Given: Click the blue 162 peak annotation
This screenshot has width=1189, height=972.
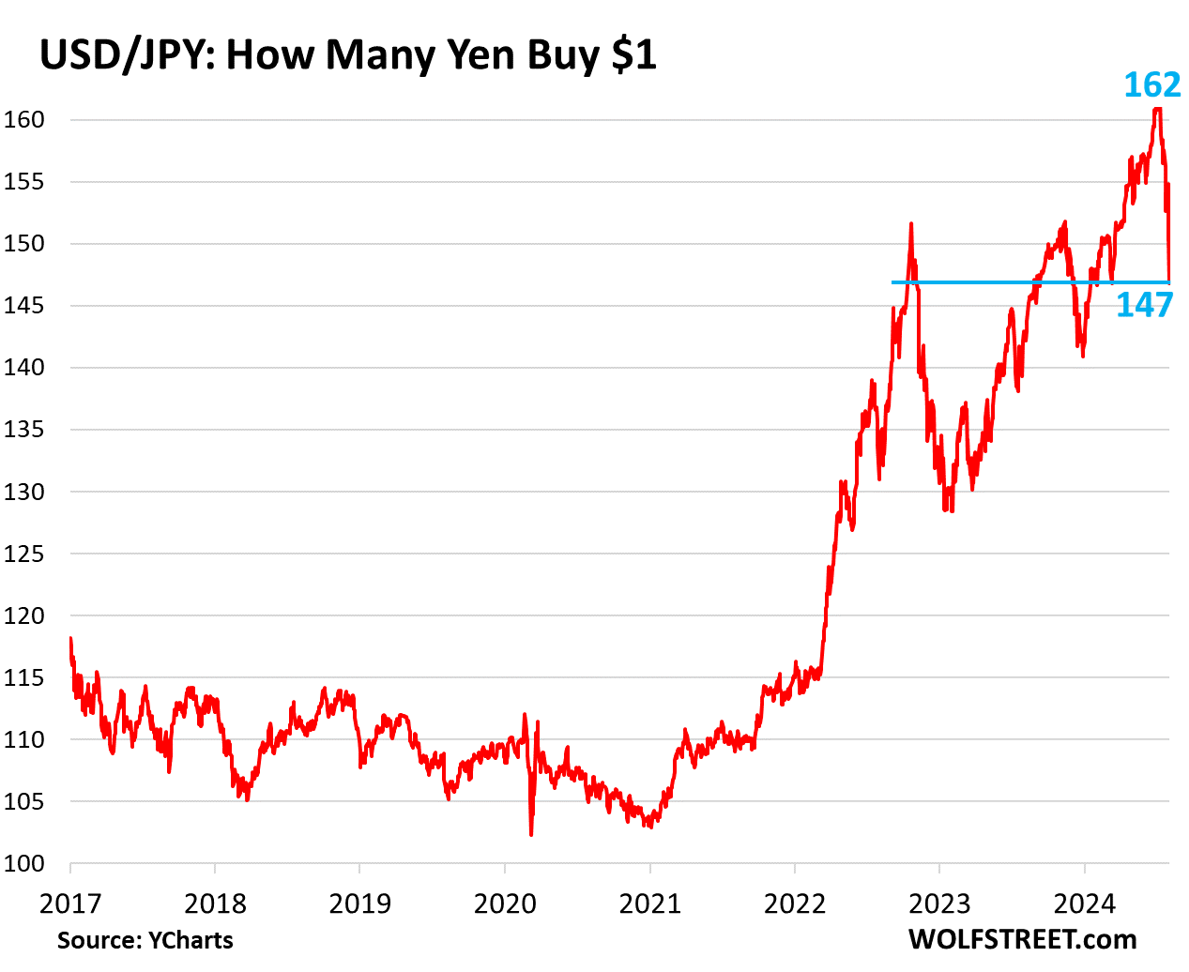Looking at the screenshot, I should pos(1152,85).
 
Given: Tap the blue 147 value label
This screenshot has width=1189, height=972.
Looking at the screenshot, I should pos(1144,305).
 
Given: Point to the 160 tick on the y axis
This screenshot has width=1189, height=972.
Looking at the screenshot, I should pos(23,120).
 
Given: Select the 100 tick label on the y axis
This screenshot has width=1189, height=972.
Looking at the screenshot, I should pos(23,864).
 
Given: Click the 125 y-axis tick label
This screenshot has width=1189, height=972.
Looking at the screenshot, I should pos(23,554).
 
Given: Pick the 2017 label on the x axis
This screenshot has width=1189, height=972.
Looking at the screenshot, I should pos(70,904).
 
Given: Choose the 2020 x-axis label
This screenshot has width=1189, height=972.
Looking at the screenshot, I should pos(505,904).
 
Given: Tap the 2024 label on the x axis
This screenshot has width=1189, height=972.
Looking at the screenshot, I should pos(1084,904).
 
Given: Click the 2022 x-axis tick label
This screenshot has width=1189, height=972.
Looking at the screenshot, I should pos(795,904).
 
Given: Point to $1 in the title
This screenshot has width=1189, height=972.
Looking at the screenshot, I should pos(633,56).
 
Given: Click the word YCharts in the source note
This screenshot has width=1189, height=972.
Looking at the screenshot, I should pos(191,940).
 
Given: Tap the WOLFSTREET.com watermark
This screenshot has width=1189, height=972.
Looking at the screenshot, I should pos(1022,939).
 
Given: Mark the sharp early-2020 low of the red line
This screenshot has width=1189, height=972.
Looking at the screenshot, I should pos(531,833).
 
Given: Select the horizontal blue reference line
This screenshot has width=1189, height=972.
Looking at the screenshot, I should pos(985,281).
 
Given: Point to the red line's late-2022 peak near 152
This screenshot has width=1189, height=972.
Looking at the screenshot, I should pos(910,224).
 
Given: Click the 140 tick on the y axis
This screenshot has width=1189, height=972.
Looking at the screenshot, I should pos(23,368).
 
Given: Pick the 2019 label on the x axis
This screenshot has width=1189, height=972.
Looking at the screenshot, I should pos(360,904).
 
